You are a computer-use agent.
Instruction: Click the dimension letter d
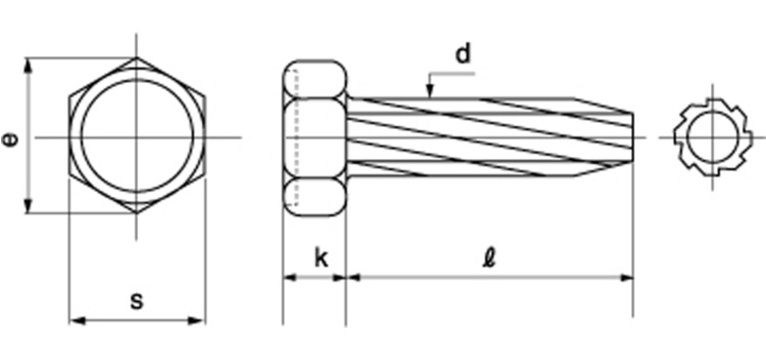[x=464, y=54]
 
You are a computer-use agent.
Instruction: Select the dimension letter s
[x=137, y=301]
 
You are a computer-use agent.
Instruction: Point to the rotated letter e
[x=10, y=140]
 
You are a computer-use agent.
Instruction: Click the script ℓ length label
[x=490, y=259]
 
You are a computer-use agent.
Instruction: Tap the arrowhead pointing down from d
[x=430, y=91]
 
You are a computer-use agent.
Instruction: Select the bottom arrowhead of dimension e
[x=29, y=206]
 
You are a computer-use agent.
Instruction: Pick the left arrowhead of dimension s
[x=77, y=321]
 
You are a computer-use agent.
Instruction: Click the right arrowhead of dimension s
[x=197, y=321]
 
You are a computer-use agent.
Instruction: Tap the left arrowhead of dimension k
[x=290, y=277]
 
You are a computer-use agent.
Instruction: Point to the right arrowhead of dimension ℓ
[x=627, y=277]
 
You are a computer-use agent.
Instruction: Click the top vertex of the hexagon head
[x=137, y=58]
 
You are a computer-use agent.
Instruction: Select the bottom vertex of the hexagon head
[x=137, y=213]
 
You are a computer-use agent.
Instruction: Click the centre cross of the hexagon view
[x=137, y=138]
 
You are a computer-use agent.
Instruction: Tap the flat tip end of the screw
[x=633, y=138]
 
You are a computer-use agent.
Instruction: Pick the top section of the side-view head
[x=315, y=79]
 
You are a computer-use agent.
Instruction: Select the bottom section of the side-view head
[x=315, y=197]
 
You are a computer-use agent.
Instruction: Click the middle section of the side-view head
[x=315, y=138]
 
